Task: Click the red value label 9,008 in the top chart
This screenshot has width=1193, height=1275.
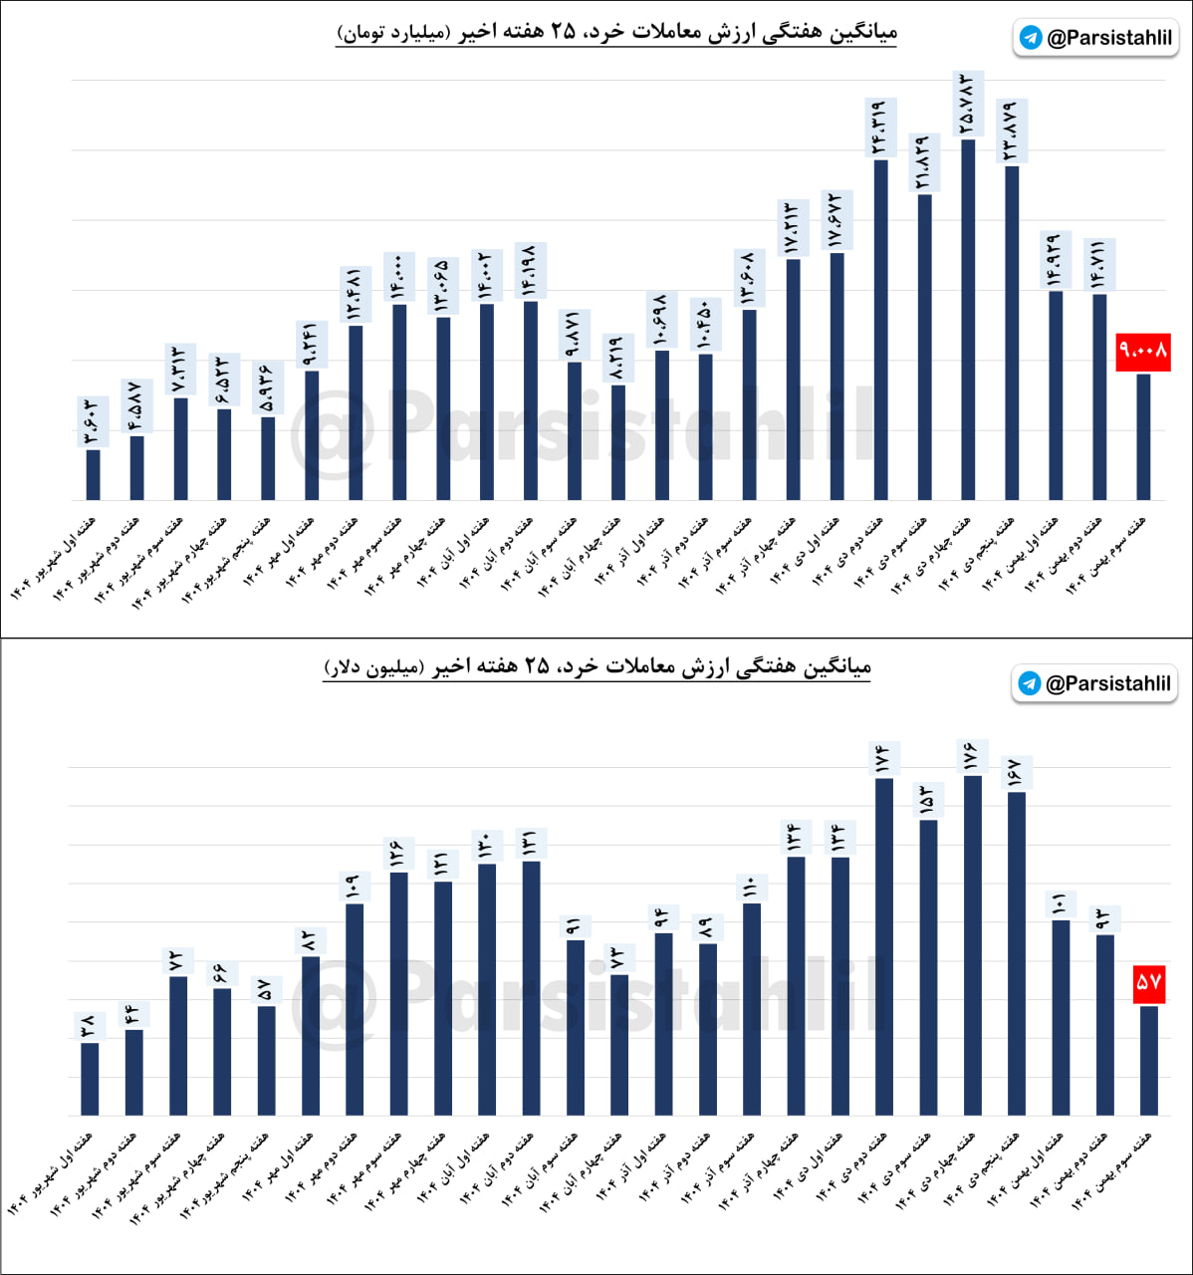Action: pos(1143,352)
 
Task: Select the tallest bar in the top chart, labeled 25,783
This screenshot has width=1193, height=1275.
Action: pos(968,319)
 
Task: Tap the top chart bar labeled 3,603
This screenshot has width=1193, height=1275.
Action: pos(93,475)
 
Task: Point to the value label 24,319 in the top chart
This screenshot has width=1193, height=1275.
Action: pos(879,128)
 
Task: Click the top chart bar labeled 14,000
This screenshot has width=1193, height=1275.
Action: pos(399,401)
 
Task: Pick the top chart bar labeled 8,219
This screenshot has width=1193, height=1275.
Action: pos(618,442)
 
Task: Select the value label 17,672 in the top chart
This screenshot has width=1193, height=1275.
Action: pos(836,219)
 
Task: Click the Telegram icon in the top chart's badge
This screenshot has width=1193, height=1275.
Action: pos(1032,38)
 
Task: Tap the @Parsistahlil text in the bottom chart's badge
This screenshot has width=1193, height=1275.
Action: pos(1107,683)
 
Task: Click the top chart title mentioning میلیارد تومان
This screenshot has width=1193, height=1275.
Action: pos(617,33)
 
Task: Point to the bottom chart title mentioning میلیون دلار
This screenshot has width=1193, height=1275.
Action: pos(597,666)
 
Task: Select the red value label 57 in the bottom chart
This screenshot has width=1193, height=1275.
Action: pos(1148,982)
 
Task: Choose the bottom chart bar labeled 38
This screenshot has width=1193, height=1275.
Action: pos(90,1079)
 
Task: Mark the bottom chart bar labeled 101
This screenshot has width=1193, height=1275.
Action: pos(1061,1017)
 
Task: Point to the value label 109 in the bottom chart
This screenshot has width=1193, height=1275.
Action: pos(355,887)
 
